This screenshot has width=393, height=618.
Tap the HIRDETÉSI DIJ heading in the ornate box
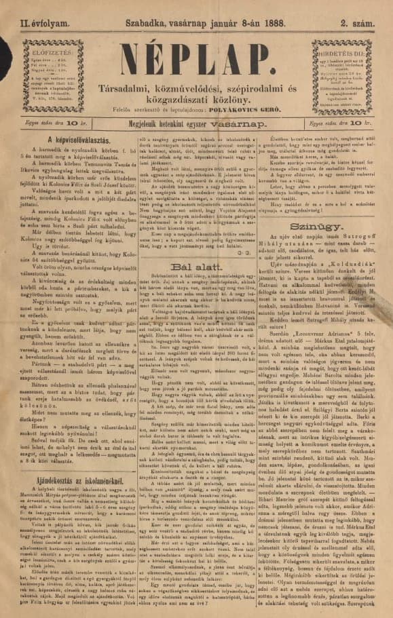[350, 50]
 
